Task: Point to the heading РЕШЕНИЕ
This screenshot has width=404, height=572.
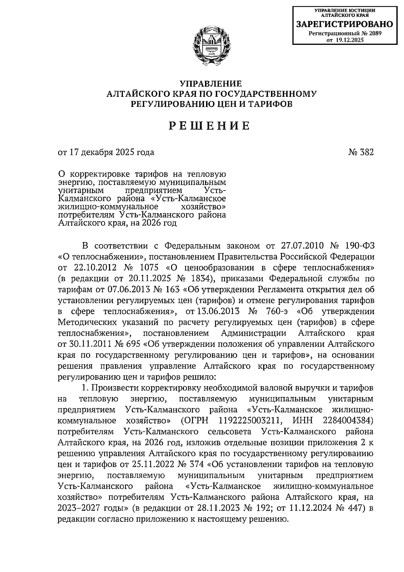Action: (209, 126)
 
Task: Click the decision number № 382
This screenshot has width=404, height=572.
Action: (361, 152)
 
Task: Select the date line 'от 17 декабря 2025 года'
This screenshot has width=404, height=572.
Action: (106, 152)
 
